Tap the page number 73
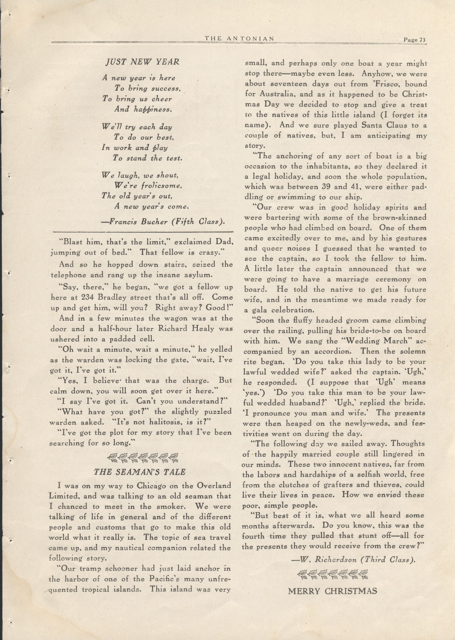(414, 40)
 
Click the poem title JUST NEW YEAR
(142, 62)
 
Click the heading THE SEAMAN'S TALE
(140, 472)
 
